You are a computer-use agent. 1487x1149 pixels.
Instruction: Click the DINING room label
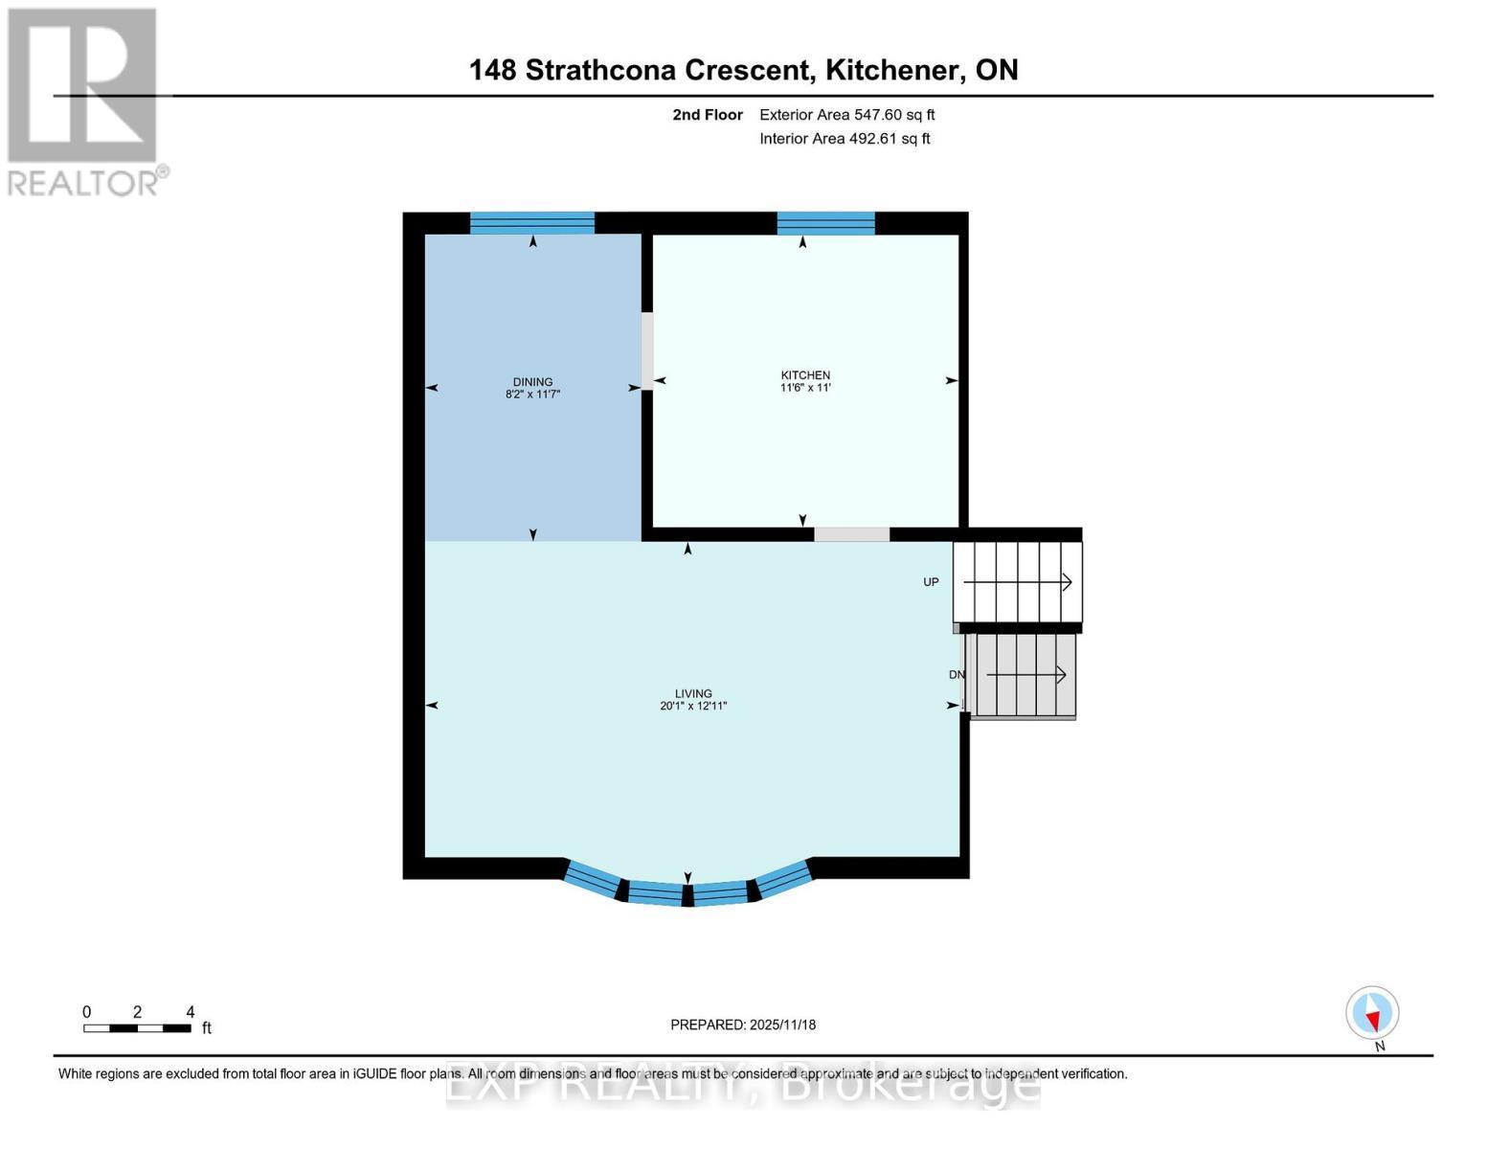pos(532,382)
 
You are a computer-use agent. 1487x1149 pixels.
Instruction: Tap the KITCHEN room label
pos(805,375)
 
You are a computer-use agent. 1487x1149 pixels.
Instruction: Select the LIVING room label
pos(693,693)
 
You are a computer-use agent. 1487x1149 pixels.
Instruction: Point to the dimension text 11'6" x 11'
pos(805,388)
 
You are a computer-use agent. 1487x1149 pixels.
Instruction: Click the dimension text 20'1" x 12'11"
pos(693,707)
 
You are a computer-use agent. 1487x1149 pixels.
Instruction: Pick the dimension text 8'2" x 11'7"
pos(532,394)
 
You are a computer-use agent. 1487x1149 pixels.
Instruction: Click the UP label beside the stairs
pos(931,582)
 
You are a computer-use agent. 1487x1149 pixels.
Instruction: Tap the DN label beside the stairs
pos(957,675)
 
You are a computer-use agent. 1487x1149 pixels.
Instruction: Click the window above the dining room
pos(531,223)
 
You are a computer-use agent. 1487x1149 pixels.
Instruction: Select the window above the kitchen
pos(826,223)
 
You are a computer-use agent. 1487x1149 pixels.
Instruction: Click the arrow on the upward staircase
pos(1018,582)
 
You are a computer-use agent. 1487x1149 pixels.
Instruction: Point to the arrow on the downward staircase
pos(1025,675)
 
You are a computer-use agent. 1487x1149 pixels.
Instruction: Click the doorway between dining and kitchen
pos(646,351)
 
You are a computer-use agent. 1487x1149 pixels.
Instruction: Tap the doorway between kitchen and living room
pos(852,534)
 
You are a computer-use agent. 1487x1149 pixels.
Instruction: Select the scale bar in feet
pos(137,1028)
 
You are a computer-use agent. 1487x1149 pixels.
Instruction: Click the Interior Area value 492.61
pos(871,139)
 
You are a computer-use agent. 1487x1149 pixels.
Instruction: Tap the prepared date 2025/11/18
pos(783,1025)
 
